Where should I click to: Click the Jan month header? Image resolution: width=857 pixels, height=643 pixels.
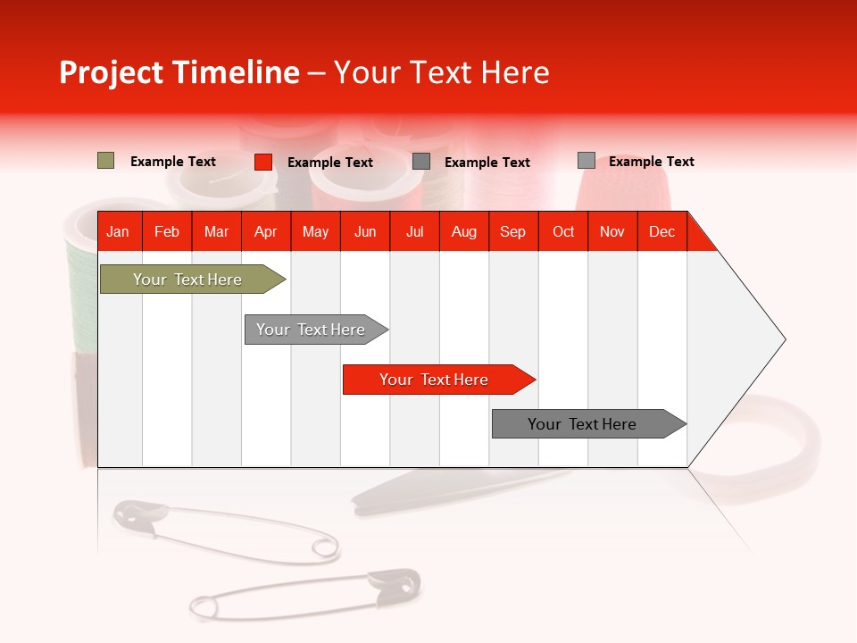click(118, 231)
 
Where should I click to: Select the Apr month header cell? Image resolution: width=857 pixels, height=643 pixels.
click(265, 231)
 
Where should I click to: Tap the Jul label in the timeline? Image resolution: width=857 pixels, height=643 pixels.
click(414, 231)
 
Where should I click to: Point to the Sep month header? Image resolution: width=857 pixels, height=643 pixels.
click(512, 231)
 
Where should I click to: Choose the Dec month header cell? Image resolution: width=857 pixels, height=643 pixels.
click(661, 231)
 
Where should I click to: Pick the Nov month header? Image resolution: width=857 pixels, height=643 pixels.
click(612, 231)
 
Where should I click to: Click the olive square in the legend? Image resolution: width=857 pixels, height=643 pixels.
click(105, 161)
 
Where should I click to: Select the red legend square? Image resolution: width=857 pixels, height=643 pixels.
click(262, 162)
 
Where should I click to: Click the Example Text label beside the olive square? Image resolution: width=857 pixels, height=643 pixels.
click(173, 162)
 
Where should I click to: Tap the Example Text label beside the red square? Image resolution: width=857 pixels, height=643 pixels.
click(330, 163)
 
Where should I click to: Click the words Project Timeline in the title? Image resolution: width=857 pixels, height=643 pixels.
click(179, 72)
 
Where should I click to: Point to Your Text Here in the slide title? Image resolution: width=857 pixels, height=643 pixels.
click(441, 72)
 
